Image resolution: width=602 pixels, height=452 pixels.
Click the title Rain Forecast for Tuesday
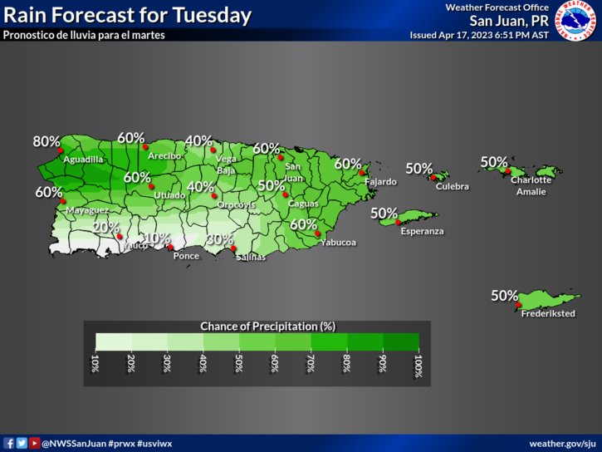coord(128,15)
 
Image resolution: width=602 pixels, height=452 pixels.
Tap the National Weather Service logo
coord(576,22)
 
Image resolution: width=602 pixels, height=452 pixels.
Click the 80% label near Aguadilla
coord(46,142)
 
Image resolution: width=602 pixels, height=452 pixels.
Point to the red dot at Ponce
coord(170,247)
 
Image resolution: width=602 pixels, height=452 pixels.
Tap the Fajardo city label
coord(380,181)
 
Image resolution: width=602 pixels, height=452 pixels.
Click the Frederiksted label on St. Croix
coord(548,313)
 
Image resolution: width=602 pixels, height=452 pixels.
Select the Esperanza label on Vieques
coord(422,231)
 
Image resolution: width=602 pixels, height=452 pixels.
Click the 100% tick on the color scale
coord(418,366)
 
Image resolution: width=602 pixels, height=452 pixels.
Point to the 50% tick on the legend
coord(239,366)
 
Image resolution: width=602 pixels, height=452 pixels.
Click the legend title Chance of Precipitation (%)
coord(257,326)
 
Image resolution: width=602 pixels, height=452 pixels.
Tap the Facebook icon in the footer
coord(9,443)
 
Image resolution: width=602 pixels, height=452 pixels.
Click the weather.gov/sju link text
coord(562,443)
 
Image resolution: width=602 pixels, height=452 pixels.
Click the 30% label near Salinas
coord(219,239)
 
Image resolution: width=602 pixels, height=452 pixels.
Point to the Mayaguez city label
coord(86,210)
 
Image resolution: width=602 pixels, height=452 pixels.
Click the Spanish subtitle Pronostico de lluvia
coord(84,35)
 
